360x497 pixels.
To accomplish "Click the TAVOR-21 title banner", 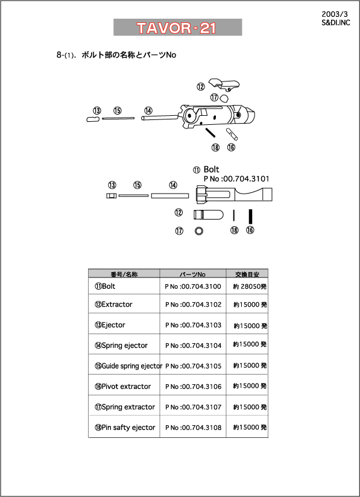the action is click(178, 27).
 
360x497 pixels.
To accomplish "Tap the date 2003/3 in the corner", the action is click(335, 14).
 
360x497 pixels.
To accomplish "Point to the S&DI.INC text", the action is click(336, 23).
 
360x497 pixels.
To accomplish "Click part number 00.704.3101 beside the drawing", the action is click(236, 179).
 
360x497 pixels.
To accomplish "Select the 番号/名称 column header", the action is click(124, 274).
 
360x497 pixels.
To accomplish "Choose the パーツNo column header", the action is click(193, 274).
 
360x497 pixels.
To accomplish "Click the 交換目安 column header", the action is click(247, 274).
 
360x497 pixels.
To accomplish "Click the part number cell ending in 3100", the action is click(193, 286).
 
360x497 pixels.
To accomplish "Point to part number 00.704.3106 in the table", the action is click(193, 387).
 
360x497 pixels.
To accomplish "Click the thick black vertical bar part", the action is click(250, 217).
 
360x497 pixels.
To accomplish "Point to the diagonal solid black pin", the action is click(210, 133).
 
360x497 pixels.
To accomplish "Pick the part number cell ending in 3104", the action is click(193, 345).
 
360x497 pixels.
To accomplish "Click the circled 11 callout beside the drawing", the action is click(197, 170).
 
